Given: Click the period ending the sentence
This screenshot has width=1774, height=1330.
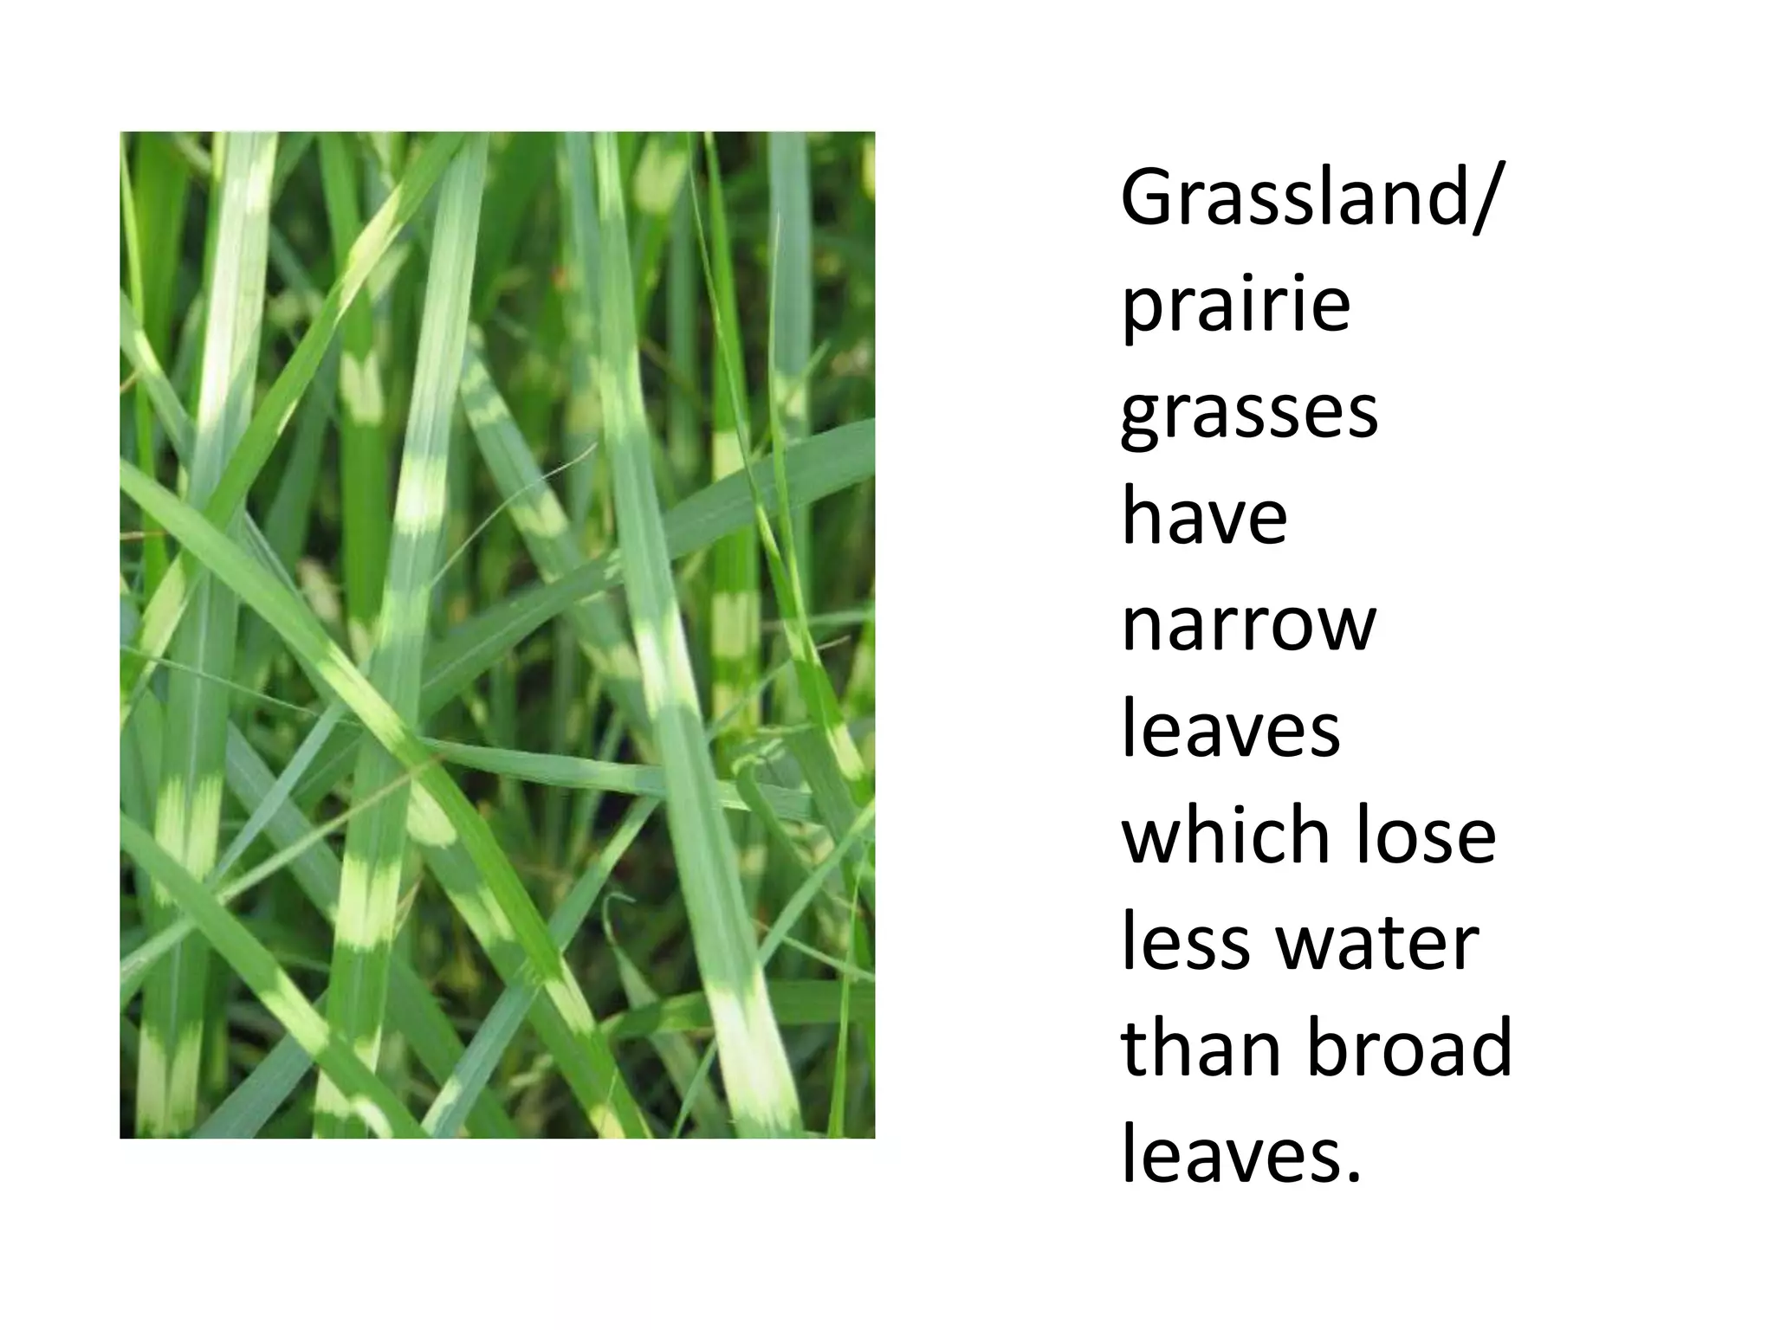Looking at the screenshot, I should [x=1354, y=1176].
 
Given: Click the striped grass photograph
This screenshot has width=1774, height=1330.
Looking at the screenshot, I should [x=497, y=635].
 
